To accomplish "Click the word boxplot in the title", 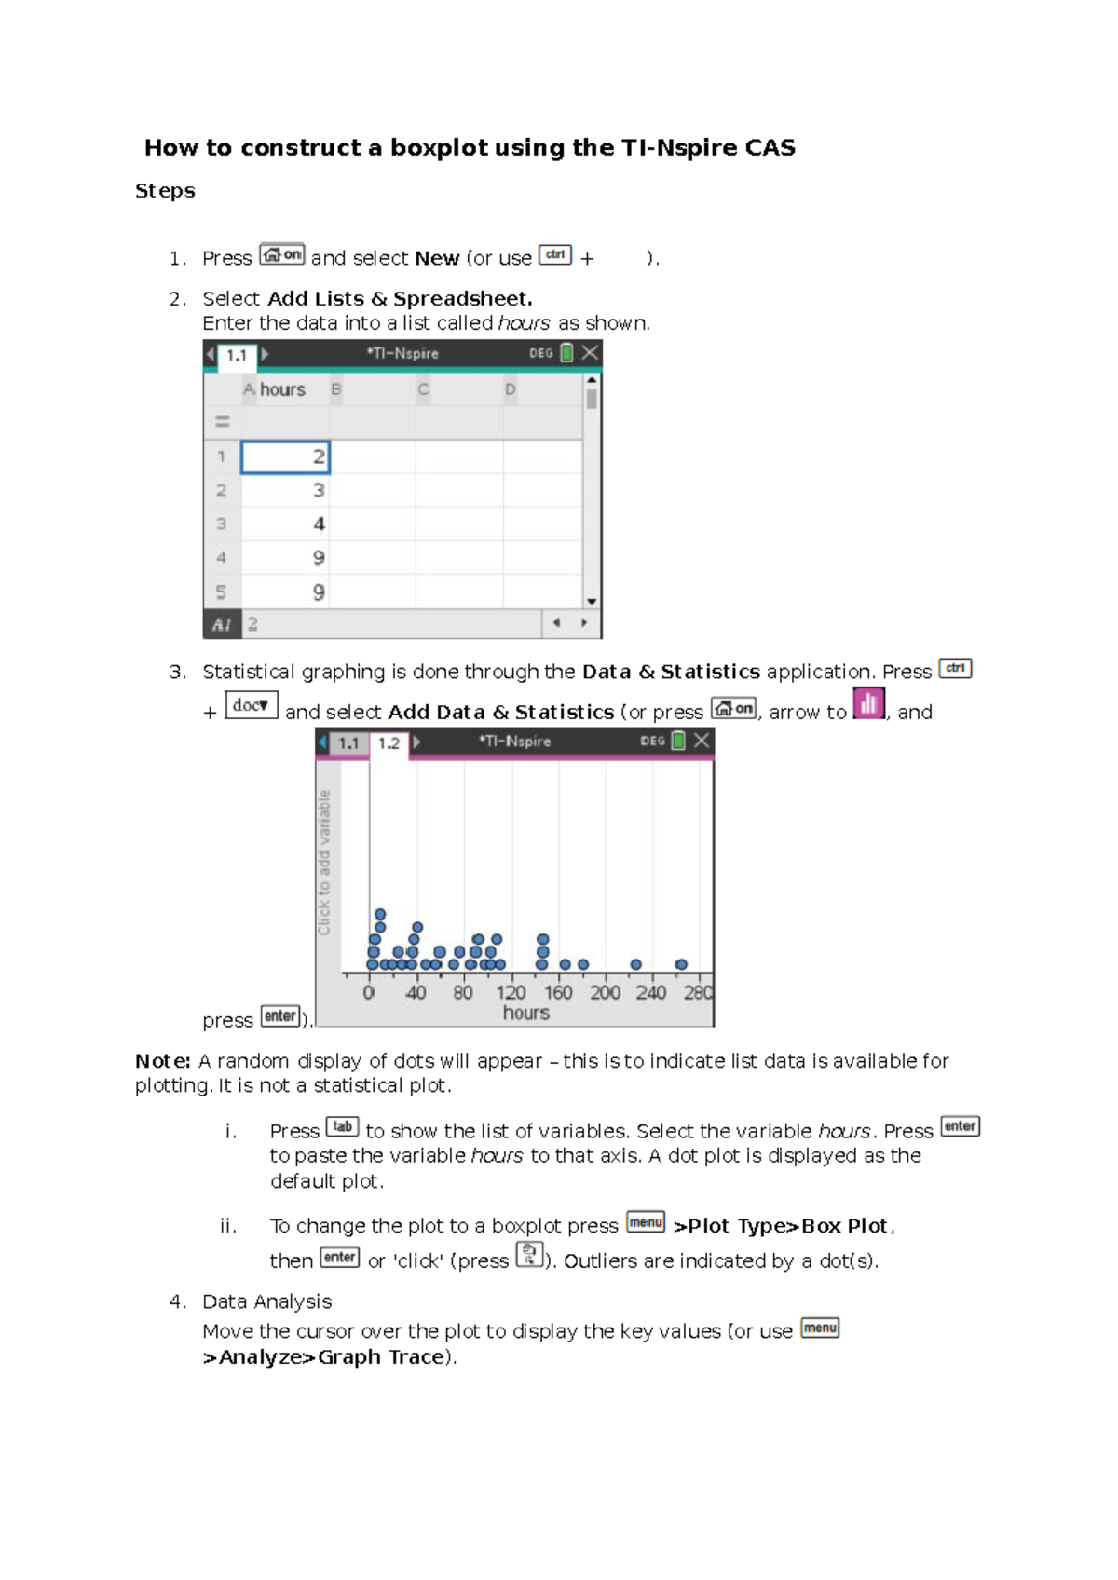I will point(438,148).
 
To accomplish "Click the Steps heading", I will point(165,191).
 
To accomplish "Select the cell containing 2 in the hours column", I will point(285,456).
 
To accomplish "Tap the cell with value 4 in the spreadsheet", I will point(285,524).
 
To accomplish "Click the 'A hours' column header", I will point(275,389).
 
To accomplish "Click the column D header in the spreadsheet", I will point(511,389).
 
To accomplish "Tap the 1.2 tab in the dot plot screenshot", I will point(389,743).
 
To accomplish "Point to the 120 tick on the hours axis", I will point(511,992).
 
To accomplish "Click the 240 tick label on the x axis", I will point(651,992).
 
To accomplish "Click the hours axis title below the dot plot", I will point(526,1013).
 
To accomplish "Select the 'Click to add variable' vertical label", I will point(324,863).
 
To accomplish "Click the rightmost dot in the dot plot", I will point(681,965).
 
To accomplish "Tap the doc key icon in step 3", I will point(252,705).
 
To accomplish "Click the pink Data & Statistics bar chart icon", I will point(868,703).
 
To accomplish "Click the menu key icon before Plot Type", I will point(646,1222).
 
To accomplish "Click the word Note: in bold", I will point(163,1061).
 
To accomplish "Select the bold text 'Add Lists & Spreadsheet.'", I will point(400,299).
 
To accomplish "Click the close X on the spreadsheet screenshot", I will point(590,353).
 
